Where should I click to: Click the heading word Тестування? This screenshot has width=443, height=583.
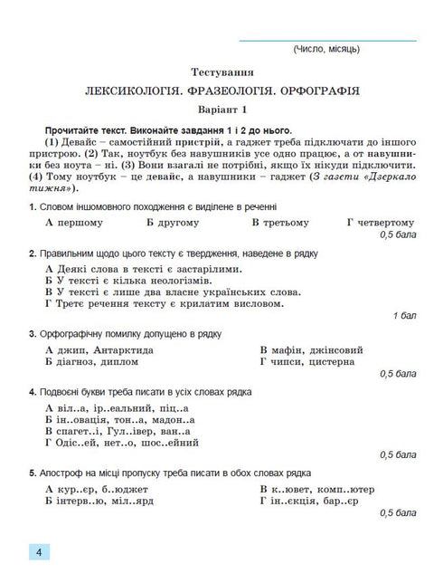click(x=221, y=72)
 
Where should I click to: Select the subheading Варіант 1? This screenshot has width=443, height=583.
click(x=221, y=110)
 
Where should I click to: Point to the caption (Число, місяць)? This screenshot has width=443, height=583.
click(x=326, y=48)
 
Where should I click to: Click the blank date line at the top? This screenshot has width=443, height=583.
click(x=326, y=39)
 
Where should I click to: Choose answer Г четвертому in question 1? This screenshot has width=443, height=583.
click(x=380, y=222)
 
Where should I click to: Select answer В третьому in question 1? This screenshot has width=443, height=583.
click(x=280, y=222)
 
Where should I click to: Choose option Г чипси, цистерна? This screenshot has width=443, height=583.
click(x=306, y=361)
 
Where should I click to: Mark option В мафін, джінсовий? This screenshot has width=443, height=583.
click(x=311, y=349)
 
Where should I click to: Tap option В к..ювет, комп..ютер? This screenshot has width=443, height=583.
click(x=316, y=490)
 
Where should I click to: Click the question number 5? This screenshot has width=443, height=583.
click(x=32, y=473)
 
